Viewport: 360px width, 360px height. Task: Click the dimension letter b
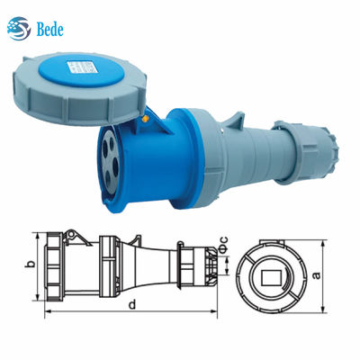tap(29, 265)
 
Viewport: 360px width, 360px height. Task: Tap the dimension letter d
tap(131, 305)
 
